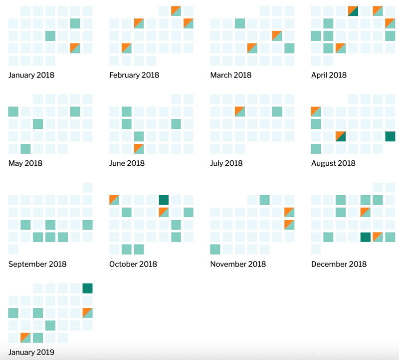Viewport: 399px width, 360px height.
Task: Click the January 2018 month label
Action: (31, 75)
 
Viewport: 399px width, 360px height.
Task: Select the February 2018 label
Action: (134, 75)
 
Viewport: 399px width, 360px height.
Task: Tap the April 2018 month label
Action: (329, 75)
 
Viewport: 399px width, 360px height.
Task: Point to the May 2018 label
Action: (25, 163)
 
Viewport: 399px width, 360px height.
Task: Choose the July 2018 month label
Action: (226, 163)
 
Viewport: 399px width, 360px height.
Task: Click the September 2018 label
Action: (37, 264)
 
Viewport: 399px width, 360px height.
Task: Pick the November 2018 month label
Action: (238, 264)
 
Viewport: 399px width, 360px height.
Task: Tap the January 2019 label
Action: (31, 353)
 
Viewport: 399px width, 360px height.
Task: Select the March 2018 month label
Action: (231, 75)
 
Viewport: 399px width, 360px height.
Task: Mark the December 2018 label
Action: (339, 264)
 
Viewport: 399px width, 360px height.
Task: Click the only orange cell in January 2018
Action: (75, 48)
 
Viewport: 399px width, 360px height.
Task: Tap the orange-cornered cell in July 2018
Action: (240, 111)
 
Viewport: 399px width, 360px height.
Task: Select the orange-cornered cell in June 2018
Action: (139, 148)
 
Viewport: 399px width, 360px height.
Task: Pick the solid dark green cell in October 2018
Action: (164, 200)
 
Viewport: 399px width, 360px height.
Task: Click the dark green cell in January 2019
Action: (87, 288)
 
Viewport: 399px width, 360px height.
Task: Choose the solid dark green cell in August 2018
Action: (390, 136)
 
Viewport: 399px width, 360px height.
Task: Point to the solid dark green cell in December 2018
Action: (365, 237)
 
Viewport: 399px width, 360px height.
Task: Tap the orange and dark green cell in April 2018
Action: (353, 10)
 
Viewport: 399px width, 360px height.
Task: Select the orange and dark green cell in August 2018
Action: (341, 136)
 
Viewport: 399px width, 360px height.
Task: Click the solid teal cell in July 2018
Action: (277, 111)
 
